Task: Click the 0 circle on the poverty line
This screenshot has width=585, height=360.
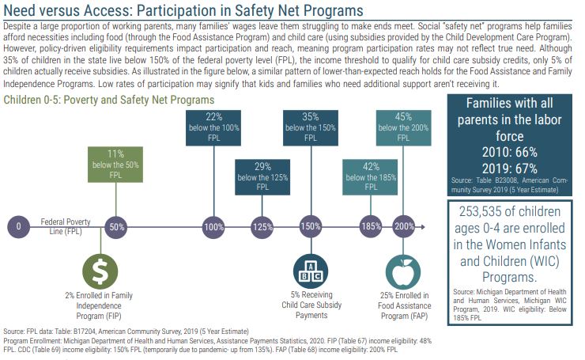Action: click(x=18, y=227)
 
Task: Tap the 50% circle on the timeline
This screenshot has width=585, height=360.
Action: click(x=115, y=227)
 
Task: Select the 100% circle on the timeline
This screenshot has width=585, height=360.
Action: click(x=212, y=227)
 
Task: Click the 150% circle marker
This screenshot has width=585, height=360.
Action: click(x=310, y=227)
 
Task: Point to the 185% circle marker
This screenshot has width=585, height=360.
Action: click(x=369, y=227)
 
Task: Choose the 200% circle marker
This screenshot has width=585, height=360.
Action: click(x=404, y=227)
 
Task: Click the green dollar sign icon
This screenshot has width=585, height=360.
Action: click(x=100, y=271)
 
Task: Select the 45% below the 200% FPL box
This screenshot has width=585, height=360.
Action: click(x=404, y=126)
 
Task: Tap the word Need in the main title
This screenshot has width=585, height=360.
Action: click(x=23, y=11)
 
